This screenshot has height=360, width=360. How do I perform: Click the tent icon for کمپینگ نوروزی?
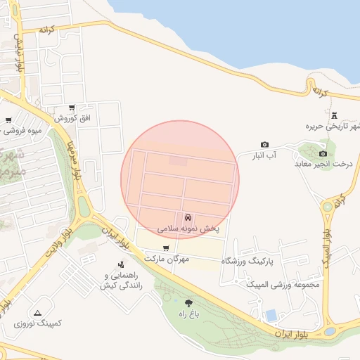(37, 312)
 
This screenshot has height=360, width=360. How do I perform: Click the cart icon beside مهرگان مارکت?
(165, 248)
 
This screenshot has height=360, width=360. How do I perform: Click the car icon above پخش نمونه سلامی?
(188, 217)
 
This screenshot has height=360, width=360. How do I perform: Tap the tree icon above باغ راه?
(187, 302)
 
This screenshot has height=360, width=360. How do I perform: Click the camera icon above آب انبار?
(264, 143)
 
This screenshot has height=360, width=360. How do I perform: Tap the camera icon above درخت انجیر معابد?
(323, 153)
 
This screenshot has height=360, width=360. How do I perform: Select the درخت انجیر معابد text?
(322, 165)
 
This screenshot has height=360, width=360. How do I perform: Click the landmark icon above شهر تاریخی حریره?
(334, 115)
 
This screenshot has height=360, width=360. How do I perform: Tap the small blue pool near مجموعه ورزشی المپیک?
(271, 314)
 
